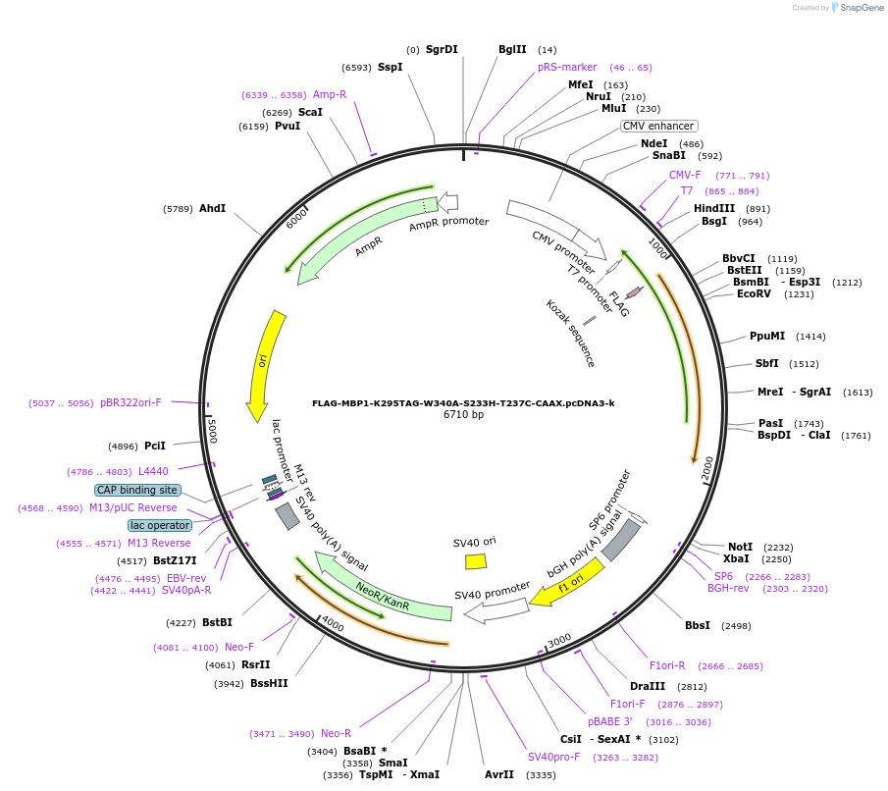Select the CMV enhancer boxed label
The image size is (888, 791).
658,126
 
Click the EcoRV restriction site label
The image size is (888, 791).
755,293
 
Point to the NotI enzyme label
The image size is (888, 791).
740,547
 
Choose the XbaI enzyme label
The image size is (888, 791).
736,558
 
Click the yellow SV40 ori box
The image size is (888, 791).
476,561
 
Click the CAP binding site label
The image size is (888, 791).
136,490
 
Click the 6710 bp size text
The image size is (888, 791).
463,415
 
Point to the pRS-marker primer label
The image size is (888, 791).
567,67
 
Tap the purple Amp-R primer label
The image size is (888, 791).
330,94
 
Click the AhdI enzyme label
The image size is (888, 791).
212,208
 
